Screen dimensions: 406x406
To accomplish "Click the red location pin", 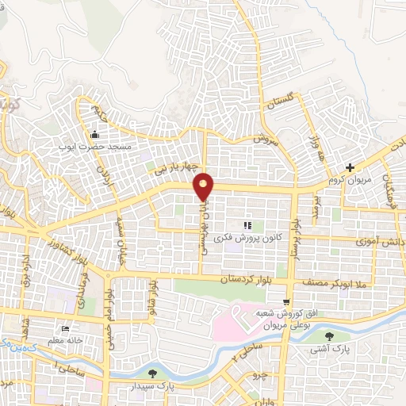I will point(205,186).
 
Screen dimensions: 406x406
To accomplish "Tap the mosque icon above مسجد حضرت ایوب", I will point(96,133).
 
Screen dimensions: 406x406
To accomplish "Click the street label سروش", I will point(262,140).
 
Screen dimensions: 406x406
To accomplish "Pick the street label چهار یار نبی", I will point(174,167).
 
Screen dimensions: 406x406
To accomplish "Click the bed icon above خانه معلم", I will point(65,328).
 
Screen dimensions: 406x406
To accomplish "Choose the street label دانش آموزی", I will point(377,238).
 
